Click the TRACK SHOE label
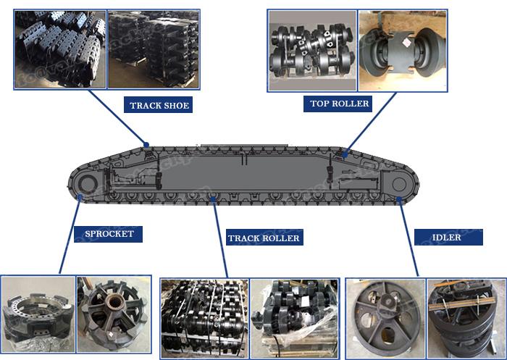(159, 106)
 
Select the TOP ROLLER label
(340, 104)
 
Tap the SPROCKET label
(109, 234)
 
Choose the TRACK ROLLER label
(264, 238)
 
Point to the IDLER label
(448, 237)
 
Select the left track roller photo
(205, 319)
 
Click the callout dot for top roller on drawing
(346, 153)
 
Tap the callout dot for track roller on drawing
(211, 196)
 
